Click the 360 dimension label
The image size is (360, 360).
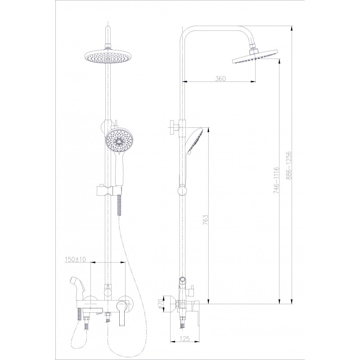220,78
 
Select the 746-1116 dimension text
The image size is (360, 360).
276,180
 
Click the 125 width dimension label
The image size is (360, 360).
185,338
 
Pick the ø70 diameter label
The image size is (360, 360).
161,304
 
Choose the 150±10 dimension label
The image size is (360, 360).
75,259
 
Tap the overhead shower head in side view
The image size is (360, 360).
255,58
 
